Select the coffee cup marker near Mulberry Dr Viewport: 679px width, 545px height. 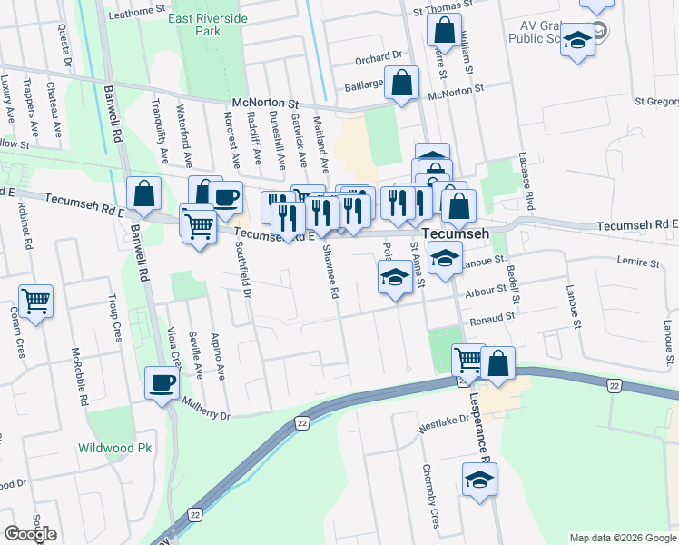162,382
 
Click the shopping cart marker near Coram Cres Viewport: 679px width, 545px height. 35,301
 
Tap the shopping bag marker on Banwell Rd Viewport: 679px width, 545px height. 144,193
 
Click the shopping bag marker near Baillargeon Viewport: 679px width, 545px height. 401,83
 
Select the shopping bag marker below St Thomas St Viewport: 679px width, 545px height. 445,31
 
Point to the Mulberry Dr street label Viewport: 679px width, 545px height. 207,408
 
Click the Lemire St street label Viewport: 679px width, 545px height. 638,263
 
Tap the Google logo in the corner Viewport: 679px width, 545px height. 30,534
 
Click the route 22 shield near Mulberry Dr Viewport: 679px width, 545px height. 302,423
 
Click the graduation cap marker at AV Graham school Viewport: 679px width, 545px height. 576,43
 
